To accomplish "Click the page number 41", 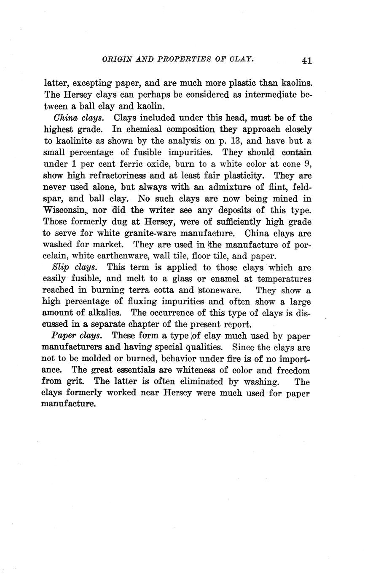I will (306, 61).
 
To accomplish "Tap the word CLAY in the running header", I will (242, 59).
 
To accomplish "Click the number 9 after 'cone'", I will (307, 163).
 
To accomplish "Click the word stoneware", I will (219, 290).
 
